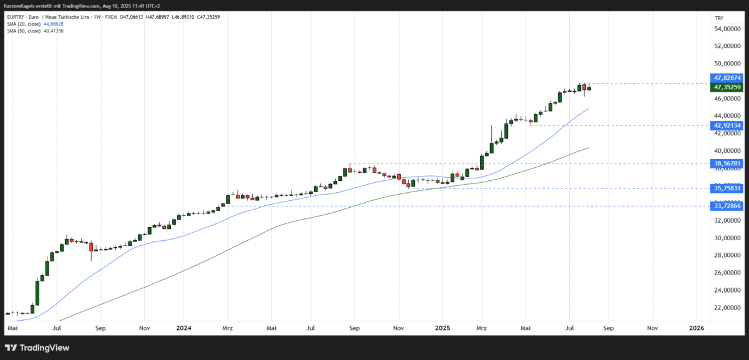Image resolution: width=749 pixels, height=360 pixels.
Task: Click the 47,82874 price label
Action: pyautogui.click(x=727, y=78)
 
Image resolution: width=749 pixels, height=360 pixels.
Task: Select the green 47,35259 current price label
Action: pyautogui.click(x=727, y=87)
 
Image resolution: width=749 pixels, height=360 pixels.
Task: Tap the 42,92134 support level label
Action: pyautogui.click(x=727, y=125)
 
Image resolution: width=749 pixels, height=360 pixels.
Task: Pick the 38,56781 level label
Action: pyautogui.click(x=727, y=163)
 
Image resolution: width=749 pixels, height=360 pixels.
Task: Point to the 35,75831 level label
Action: pyautogui.click(x=727, y=188)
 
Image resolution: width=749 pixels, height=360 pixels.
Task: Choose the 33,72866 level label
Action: pyautogui.click(x=727, y=206)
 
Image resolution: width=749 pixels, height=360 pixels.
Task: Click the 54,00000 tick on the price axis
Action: pyautogui.click(x=728, y=29)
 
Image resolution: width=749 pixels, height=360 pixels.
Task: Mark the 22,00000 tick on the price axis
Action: pyautogui.click(x=728, y=308)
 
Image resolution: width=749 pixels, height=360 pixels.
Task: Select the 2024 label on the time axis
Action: pyautogui.click(x=184, y=328)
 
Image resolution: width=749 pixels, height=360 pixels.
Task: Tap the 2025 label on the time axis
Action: pyautogui.click(x=443, y=328)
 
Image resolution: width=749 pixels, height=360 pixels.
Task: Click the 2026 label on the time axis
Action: pyautogui.click(x=697, y=328)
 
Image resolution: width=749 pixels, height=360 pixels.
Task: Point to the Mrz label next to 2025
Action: pyautogui.click(x=482, y=328)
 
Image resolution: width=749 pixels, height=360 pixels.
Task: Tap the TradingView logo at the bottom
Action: pyautogui.click(x=38, y=348)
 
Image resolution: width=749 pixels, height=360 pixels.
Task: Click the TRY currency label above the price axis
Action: pyautogui.click(x=719, y=18)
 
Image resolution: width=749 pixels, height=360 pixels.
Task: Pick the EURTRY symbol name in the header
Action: pyautogui.click(x=14, y=17)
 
